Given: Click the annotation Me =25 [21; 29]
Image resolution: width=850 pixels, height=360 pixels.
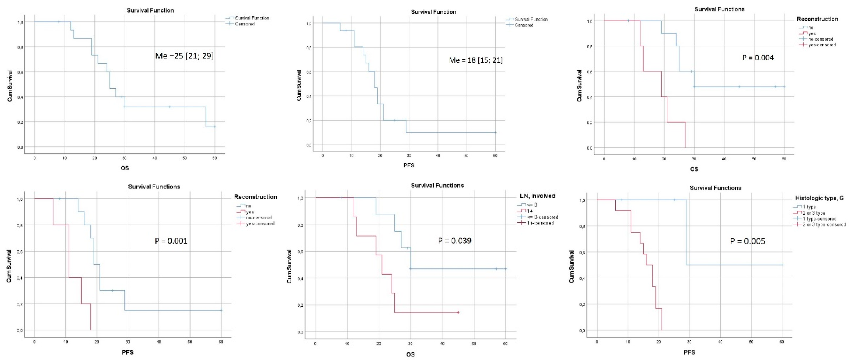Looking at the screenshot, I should pyautogui.click(x=184, y=56).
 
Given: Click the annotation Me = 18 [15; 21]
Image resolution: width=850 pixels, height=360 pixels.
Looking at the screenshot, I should pyautogui.click(x=475, y=60).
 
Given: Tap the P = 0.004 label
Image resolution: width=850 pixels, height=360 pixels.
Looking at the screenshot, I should pyautogui.click(x=758, y=58).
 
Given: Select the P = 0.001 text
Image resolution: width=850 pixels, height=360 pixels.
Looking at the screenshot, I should pyautogui.click(x=171, y=241).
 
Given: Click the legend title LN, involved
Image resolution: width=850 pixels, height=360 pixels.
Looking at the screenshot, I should pyautogui.click(x=537, y=196).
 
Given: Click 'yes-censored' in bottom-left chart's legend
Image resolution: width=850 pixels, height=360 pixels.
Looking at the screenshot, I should pyautogui.click(x=260, y=224).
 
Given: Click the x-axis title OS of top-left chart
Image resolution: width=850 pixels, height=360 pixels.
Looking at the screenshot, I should pyautogui.click(x=125, y=168).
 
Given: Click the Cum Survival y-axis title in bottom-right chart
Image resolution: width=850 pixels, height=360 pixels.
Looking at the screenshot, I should pyautogui.click(x=571, y=266).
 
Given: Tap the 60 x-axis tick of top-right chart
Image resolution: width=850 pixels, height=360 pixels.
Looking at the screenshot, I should pyautogui.click(x=784, y=159).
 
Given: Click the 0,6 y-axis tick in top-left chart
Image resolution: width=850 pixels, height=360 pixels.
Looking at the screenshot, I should pyautogui.click(x=20, y=72).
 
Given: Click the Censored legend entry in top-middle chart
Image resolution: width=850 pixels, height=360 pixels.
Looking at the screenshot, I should pyautogui.click(x=524, y=25).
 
